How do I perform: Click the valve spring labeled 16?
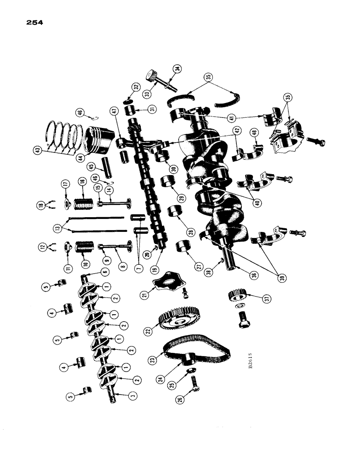click(84, 203)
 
